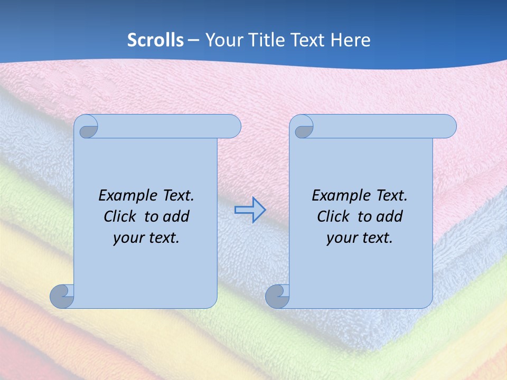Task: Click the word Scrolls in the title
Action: pyautogui.click(x=155, y=40)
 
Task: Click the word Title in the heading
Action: pyautogui.click(x=265, y=40)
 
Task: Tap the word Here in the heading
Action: pyautogui.click(x=351, y=40)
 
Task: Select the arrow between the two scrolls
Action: pyautogui.click(x=250, y=210)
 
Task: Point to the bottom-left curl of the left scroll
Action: pyautogui.click(x=62, y=297)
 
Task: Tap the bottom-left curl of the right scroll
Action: pyautogui.click(x=277, y=297)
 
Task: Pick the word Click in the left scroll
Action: pyautogui.click(x=119, y=216)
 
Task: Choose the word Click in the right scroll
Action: pyautogui.click(x=332, y=216)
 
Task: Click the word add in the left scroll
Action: pyautogui.click(x=176, y=216)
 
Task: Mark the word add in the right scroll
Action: pyautogui.click(x=390, y=216)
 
